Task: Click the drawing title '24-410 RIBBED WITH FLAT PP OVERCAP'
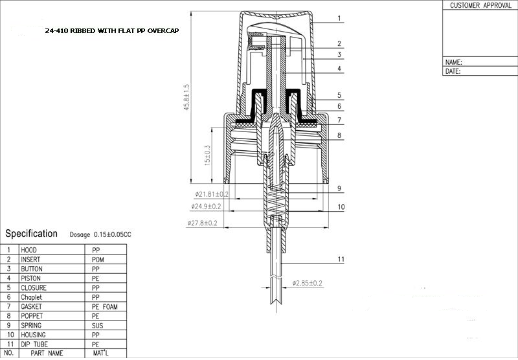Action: [x=112, y=30]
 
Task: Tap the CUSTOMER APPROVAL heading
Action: [x=480, y=5]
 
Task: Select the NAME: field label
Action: [x=454, y=62]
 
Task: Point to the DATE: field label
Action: [x=453, y=71]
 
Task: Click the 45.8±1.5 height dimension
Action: [x=187, y=97]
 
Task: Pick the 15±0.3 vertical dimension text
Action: [x=207, y=155]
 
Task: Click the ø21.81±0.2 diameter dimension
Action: [x=212, y=194]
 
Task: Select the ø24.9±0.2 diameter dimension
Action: [x=206, y=207]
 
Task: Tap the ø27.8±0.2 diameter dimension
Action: [x=202, y=223]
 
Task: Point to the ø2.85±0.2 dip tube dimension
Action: [x=307, y=283]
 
